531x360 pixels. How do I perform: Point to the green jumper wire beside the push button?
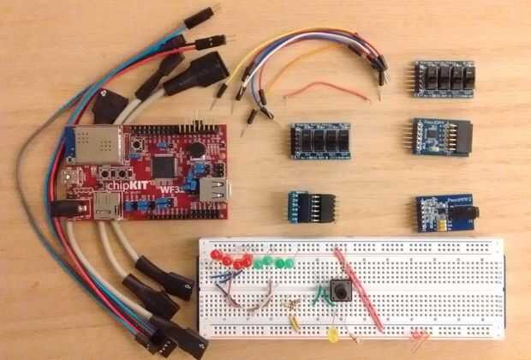tap(323, 296)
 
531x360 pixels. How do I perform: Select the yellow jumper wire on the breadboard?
tap(295, 322)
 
